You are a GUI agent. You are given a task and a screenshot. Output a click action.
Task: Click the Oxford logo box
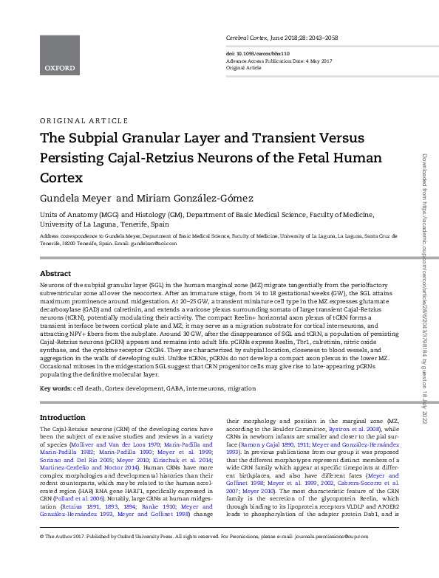click(59, 55)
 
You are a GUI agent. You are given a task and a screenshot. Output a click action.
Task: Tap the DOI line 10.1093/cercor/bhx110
click(262, 54)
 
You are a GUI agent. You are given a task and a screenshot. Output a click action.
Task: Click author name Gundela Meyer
click(75, 199)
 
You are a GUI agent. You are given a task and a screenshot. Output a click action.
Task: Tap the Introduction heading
click(62, 417)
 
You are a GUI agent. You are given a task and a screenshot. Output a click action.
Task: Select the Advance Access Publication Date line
click(273, 61)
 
